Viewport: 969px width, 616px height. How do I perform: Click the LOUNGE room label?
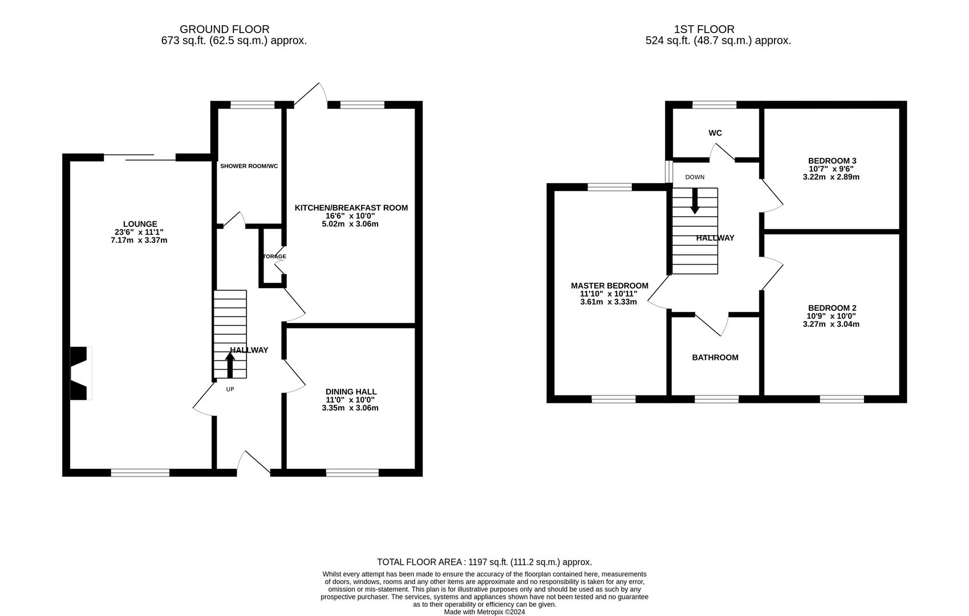point(140,224)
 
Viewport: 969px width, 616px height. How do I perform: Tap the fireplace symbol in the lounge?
point(80,373)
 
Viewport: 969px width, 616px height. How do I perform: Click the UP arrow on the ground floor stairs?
point(230,365)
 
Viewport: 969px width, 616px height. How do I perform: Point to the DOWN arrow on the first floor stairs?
point(695,201)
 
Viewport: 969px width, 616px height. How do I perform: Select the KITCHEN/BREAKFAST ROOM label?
point(351,208)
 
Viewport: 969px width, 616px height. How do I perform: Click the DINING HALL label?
point(351,391)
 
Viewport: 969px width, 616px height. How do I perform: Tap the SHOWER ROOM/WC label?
point(249,166)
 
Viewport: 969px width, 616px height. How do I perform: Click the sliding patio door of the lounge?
point(140,157)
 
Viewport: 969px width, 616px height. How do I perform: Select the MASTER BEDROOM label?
point(609,286)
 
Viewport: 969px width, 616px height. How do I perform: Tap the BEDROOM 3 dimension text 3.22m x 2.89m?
point(830,177)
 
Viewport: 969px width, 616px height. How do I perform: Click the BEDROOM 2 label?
point(832,308)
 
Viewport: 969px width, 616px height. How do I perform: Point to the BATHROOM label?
point(715,358)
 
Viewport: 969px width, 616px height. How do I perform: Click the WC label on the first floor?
point(715,133)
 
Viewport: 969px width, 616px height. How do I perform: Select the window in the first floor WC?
point(714,104)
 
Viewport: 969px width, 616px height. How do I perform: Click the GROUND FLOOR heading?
point(224,29)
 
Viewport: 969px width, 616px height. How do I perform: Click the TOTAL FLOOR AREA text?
point(484,562)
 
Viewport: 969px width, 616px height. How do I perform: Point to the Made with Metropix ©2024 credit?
point(484,612)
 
